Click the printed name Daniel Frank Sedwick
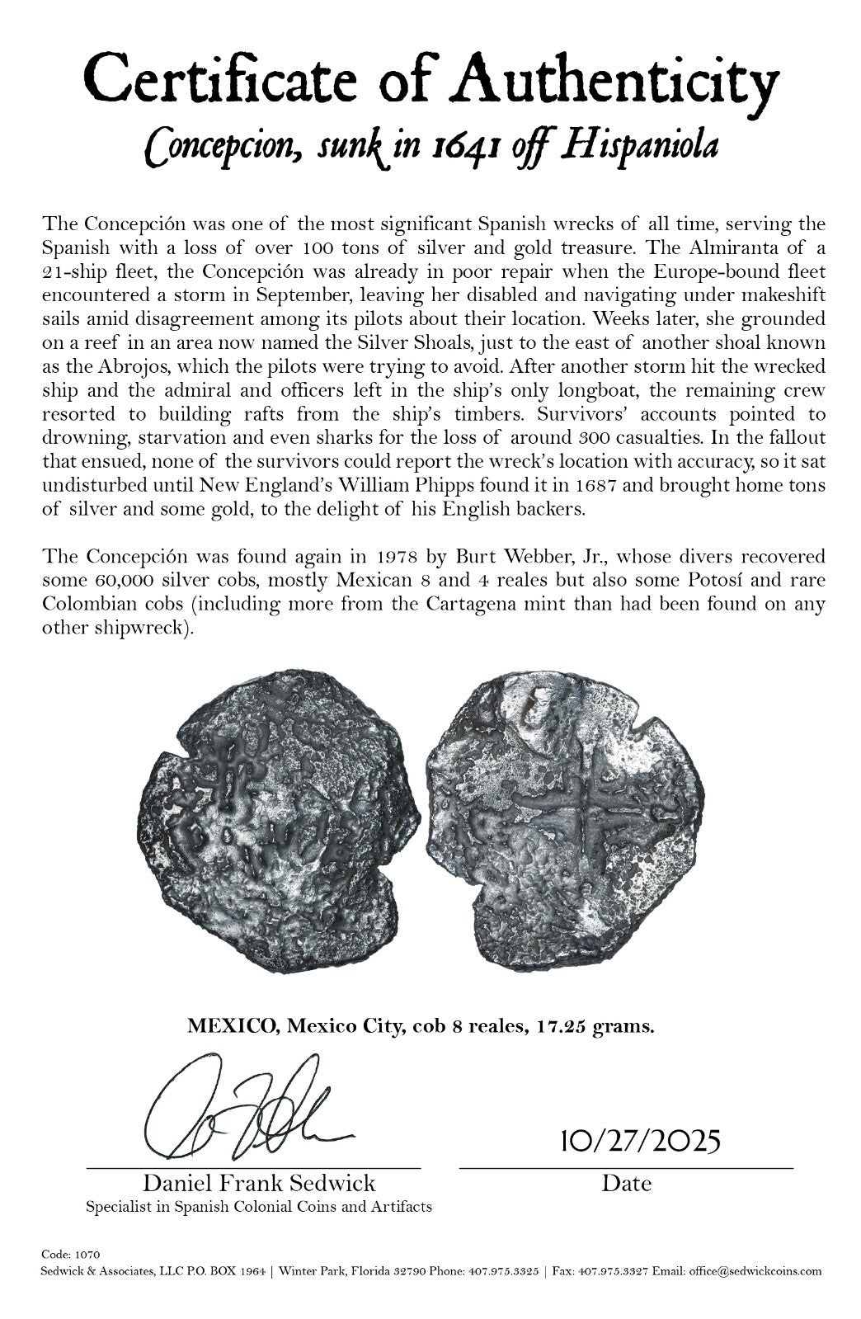point(259,1184)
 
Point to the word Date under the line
point(626,1184)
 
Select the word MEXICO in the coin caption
point(220,1027)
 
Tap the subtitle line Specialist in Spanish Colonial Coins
point(258,1207)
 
